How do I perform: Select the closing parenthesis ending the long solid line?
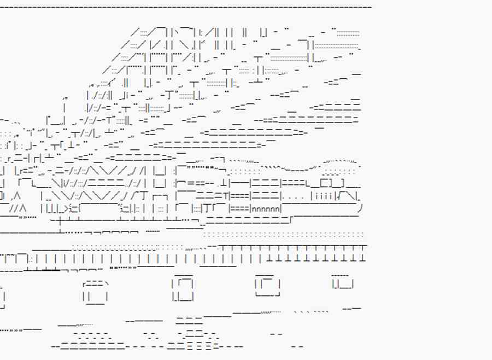tap(360, 208)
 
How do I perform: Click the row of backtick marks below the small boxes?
tap(312, 312)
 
